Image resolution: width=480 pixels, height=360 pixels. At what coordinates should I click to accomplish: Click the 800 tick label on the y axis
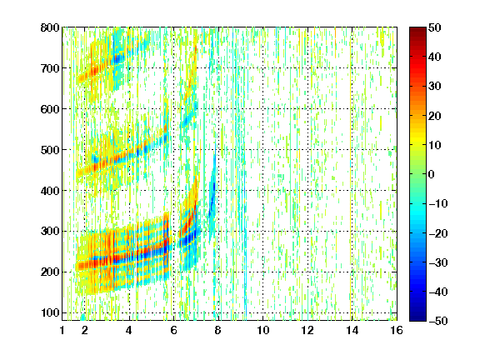point(50,27)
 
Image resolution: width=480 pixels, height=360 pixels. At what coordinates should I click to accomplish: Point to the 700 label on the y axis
point(50,68)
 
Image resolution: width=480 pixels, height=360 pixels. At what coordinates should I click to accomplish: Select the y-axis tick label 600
point(50,109)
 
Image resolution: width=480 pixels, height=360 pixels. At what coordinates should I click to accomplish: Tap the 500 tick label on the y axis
point(50,150)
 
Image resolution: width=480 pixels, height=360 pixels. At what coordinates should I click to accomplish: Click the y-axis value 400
point(50,191)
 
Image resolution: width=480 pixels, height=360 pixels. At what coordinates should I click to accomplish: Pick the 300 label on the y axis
point(50,232)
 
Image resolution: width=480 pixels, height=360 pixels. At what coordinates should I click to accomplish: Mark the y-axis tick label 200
point(50,272)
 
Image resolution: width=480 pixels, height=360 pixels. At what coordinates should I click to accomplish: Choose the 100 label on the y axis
point(50,312)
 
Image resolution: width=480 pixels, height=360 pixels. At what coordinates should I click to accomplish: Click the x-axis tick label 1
point(62,330)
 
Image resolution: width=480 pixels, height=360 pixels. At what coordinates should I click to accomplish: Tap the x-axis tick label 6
point(173,330)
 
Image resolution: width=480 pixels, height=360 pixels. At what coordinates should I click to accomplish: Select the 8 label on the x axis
point(217,330)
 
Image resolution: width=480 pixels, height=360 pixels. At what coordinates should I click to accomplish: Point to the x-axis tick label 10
point(262,330)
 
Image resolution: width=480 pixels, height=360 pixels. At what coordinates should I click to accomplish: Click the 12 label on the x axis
point(307,330)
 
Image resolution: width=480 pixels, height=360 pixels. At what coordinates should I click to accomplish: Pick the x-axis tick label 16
point(397,330)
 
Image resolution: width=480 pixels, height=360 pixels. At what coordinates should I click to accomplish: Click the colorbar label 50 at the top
point(435,27)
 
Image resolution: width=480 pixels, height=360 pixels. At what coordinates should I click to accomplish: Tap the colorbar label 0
point(432,174)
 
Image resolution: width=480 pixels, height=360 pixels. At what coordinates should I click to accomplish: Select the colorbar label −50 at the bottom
point(438,321)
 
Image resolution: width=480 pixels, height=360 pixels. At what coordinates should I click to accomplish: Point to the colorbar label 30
point(435,87)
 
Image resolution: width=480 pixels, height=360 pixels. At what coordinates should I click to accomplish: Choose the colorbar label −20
point(438,233)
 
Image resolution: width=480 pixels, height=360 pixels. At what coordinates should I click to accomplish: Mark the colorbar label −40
point(438,292)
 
